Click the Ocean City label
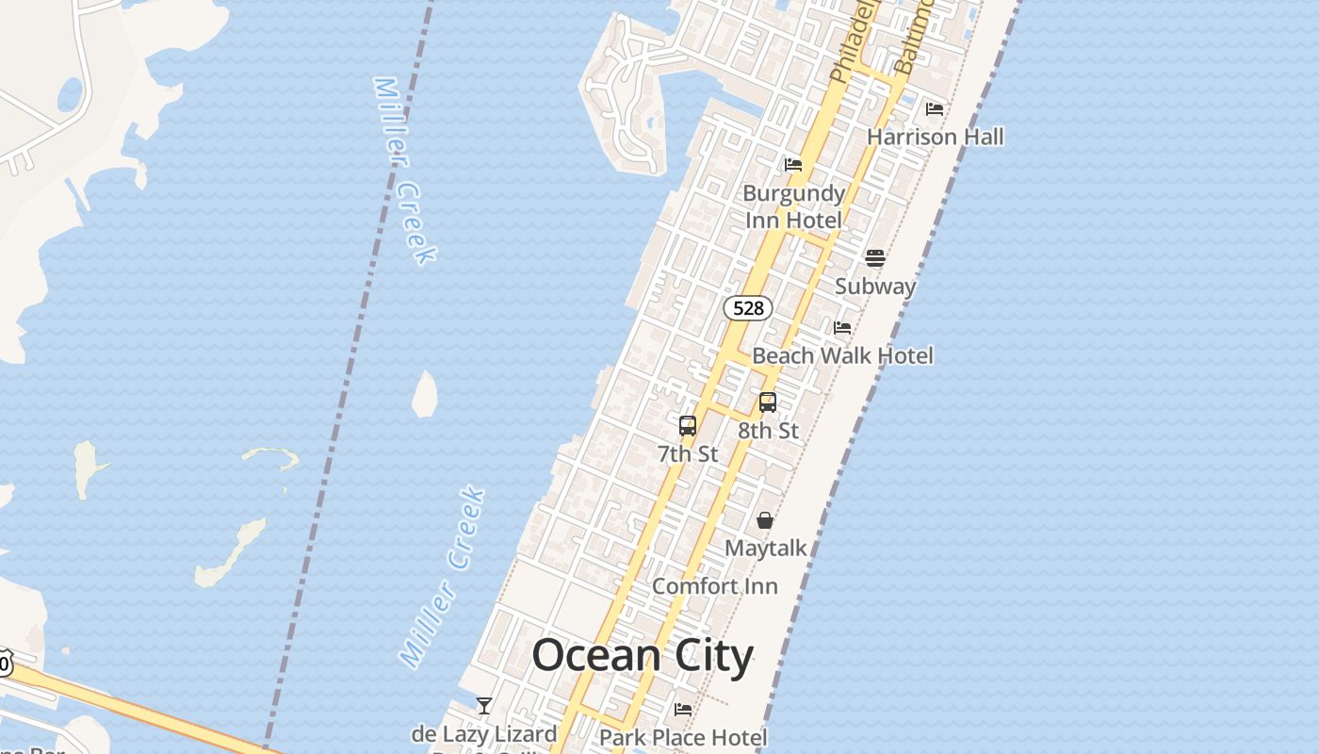coord(643,656)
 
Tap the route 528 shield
coord(748,308)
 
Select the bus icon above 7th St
coord(688,426)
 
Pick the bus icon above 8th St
coord(768,402)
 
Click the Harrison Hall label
coord(935,137)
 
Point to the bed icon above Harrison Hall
coord(935,109)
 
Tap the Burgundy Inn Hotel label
coord(793,206)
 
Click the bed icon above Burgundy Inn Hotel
coord(793,165)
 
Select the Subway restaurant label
coord(875,287)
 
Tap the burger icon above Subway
coord(875,258)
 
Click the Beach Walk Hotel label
coord(842,355)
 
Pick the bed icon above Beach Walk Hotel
coord(842,328)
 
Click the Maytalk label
coord(765,548)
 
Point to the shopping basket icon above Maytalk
coord(765,520)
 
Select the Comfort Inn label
coord(714,586)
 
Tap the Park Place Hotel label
coord(683,737)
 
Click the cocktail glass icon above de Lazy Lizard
coord(484,705)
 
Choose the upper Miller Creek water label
coord(404,170)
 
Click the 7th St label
coord(688,454)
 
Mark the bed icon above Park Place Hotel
coord(683,709)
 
